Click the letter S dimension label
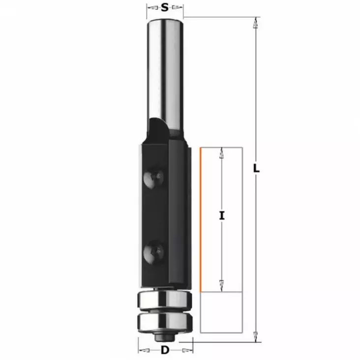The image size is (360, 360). click(x=165, y=7)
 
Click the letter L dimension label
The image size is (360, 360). click(x=256, y=168)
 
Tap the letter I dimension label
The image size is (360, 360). click(x=222, y=215)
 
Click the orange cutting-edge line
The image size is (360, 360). click(x=201, y=219)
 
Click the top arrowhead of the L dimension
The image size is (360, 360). click(x=255, y=23)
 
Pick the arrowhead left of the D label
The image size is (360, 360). click(x=143, y=351)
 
